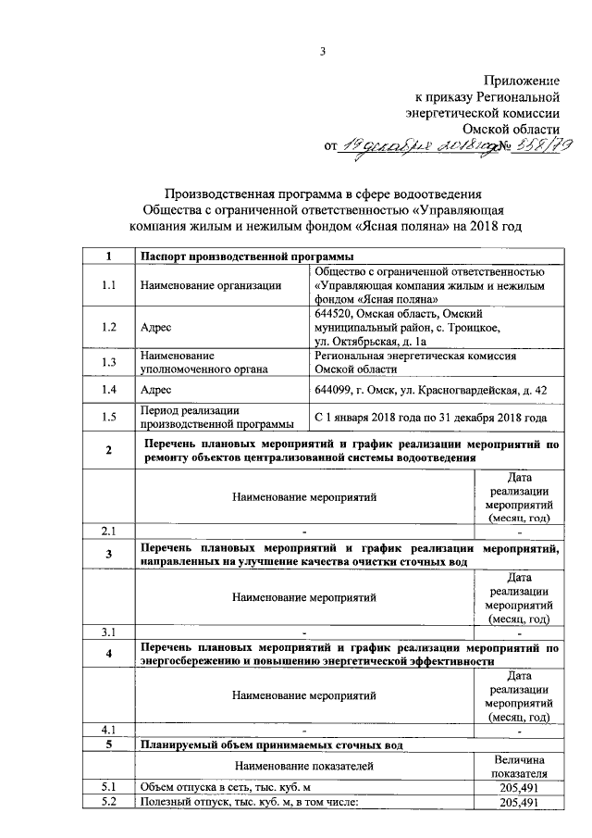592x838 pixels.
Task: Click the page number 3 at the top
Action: (x=323, y=51)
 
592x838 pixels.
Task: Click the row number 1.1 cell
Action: (x=109, y=285)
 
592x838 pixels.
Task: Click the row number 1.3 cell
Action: (x=109, y=362)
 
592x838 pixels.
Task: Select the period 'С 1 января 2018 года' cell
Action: (x=430, y=418)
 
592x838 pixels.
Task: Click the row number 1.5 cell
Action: (x=109, y=418)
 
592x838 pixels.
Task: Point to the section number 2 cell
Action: (x=109, y=451)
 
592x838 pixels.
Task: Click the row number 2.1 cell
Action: (x=109, y=531)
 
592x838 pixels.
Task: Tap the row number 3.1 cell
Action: (x=109, y=632)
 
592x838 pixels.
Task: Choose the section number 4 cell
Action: (x=109, y=655)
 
